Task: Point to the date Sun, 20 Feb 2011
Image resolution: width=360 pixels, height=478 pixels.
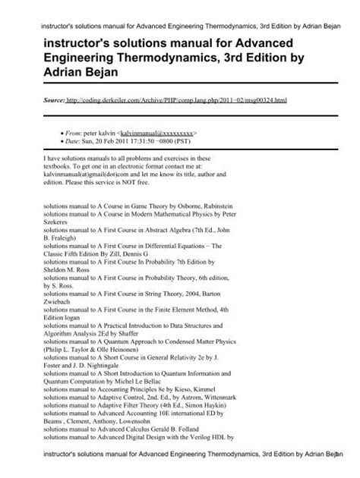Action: pos(110,140)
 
